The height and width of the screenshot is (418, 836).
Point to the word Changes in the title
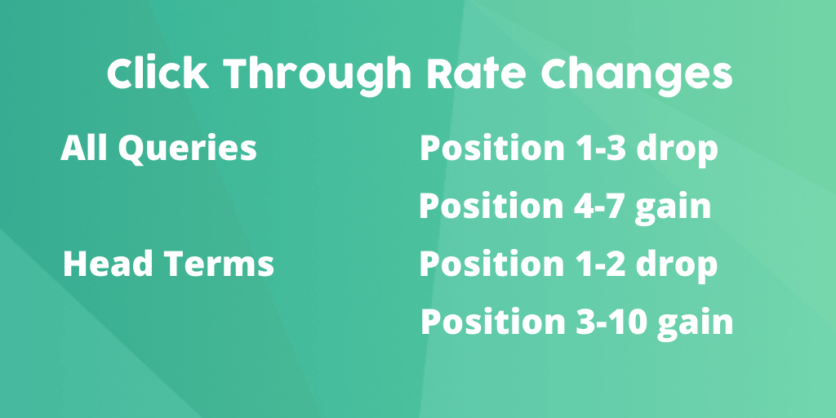[x=637, y=76]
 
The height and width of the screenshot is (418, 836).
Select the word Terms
[x=219, y=264]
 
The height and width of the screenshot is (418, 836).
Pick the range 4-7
[x=598, y=206]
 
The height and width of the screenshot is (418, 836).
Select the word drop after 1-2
[x=678, y=266]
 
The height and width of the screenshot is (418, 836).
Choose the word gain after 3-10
[x=696, y=324]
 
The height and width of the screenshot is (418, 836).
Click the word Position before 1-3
[x=491, y=148]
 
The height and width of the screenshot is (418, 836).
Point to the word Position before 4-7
[x=491, y=206]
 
